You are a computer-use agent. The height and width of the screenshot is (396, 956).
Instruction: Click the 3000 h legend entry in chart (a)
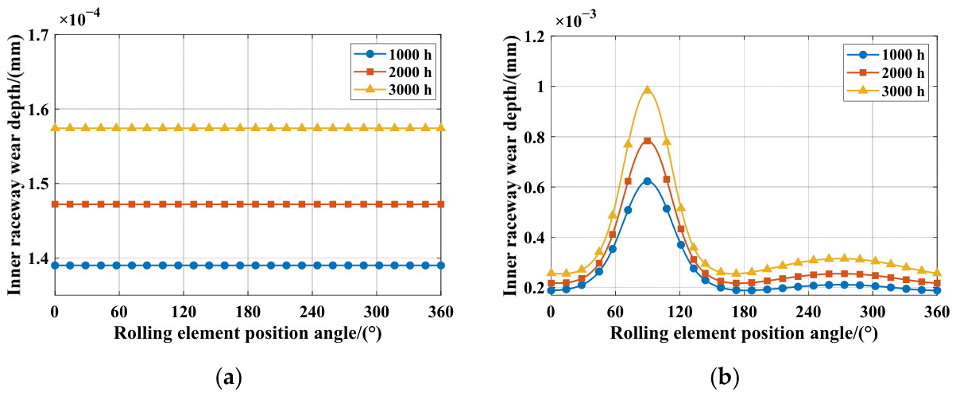tap(393, 90)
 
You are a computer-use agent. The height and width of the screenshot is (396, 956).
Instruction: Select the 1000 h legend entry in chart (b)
tap(885, 55)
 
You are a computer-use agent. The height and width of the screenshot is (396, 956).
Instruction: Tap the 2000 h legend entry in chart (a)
tap(393, 72)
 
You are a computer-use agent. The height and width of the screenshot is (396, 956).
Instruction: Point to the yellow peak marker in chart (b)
tap(648, 90)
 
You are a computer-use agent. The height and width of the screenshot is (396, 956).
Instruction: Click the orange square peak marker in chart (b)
tap(648, 141)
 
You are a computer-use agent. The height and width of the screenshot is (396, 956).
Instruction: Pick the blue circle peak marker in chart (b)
tap(648, 181)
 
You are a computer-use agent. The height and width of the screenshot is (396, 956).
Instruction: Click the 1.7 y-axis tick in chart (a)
tap(38, 36)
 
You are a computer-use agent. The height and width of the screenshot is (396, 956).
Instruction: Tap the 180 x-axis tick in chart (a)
tap(248, 312)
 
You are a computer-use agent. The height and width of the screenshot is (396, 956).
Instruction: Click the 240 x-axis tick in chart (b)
tap(809, 312)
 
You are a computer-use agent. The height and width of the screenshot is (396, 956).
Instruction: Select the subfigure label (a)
tap(229, 378)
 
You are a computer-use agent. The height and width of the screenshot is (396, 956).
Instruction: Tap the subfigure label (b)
tap(725, 378)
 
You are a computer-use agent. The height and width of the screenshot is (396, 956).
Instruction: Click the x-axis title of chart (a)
tap(247, 332)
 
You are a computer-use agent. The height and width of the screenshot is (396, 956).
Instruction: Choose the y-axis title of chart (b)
tap(510, 165)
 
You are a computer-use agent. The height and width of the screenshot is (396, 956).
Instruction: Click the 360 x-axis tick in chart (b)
tap(937, 312)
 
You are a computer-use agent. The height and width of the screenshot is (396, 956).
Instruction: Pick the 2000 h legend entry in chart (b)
tap(885, 72)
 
